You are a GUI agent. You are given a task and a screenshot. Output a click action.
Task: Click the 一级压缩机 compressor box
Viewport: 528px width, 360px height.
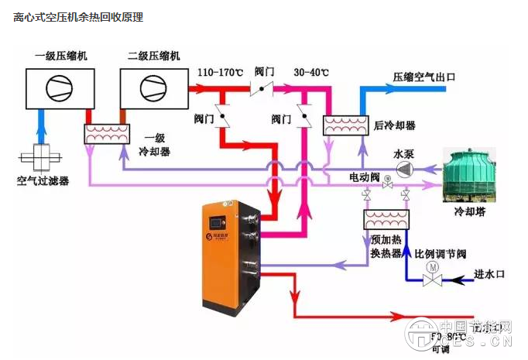click(x=62, y=87)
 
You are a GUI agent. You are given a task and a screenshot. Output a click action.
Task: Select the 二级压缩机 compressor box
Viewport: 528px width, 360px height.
click(x=154, y=87)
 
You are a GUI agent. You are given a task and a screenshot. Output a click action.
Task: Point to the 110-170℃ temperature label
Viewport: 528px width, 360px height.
click(x=219, y=72)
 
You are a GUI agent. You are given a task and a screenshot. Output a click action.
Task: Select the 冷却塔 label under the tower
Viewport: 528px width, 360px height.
click(x=470, y=211)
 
